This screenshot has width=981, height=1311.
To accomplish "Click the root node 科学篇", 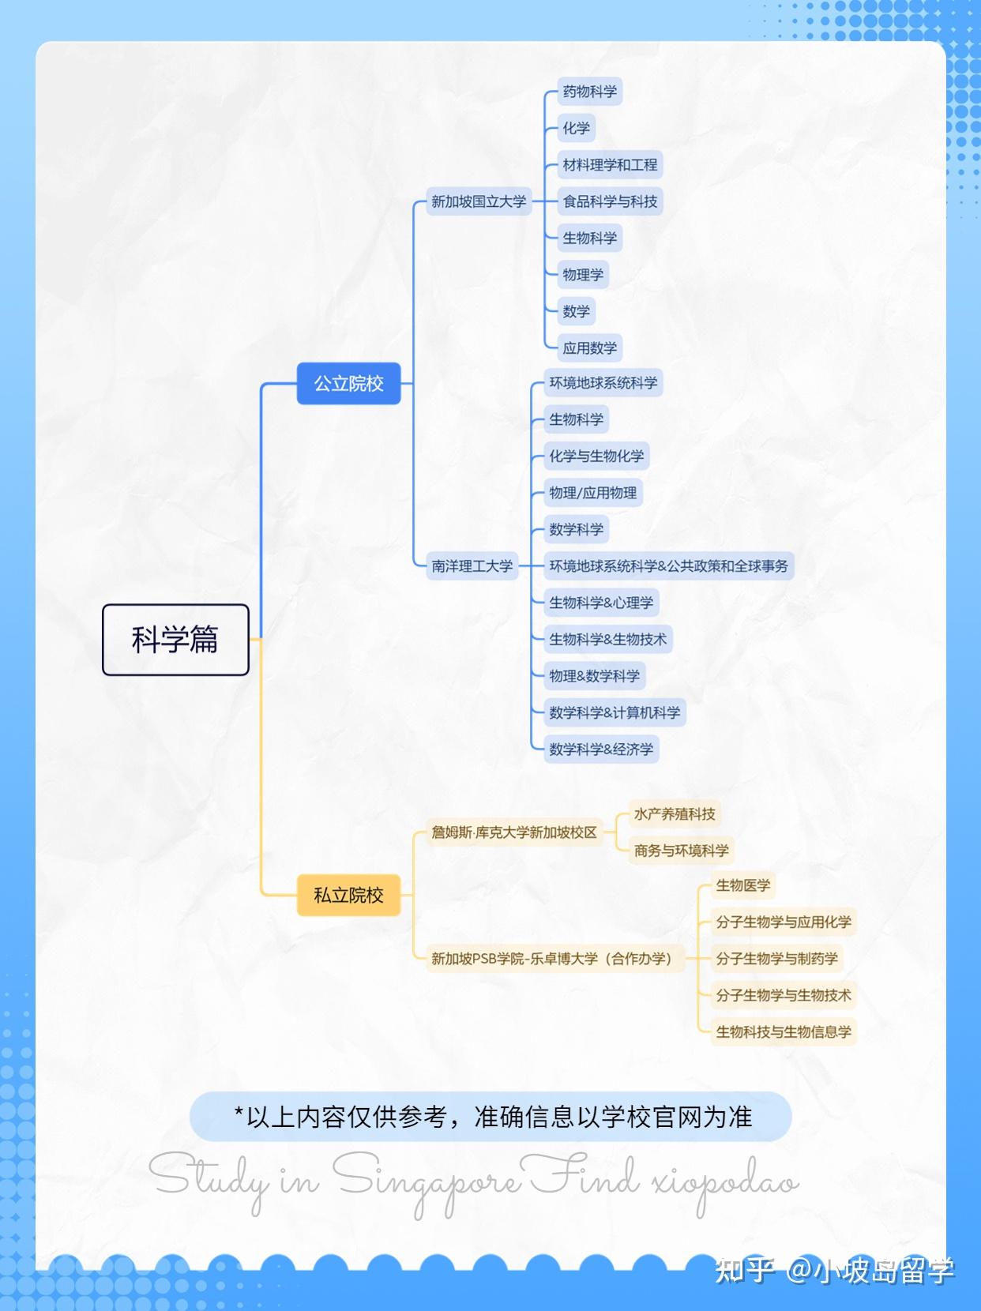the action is [x=175, y=640].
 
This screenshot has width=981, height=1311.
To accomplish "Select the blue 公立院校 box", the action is [x=348, y=384].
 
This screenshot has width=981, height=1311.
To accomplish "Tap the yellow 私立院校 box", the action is [x=348, y=896].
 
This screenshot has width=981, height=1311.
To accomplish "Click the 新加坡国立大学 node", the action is [x=479, y=201].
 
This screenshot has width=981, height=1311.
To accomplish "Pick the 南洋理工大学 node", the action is [x=472, y=565].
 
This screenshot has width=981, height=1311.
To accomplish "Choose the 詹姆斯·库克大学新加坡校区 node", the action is [x=514, y=832].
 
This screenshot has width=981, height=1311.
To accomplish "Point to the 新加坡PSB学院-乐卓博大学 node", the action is [x=555, y=959].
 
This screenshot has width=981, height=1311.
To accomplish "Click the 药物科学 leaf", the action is [x=589, y=92].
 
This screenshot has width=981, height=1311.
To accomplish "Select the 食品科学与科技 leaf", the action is [x=610, y=201].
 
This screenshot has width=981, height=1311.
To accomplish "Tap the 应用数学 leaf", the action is [x=589, y=347].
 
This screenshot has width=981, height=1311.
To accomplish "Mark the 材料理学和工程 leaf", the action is [x=610, y=164].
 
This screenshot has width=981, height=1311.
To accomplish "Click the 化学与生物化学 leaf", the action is [x=596, y=456].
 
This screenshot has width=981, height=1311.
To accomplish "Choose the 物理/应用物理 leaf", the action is [x=593, y=493].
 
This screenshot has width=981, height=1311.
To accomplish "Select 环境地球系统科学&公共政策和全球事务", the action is [x=669, y=565].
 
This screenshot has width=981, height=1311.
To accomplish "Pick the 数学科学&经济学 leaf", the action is [x=601, y=749].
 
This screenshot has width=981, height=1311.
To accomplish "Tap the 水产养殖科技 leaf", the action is [x=675, y=814].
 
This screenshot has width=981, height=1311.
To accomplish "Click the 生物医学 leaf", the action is [x=742, y=885].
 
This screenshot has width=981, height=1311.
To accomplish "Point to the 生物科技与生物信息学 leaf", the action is [x=784, y=1031].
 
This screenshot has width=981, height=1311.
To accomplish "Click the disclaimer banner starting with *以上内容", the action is [x=490, y=1116].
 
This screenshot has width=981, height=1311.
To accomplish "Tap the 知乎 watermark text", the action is [x=745, y=1269].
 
